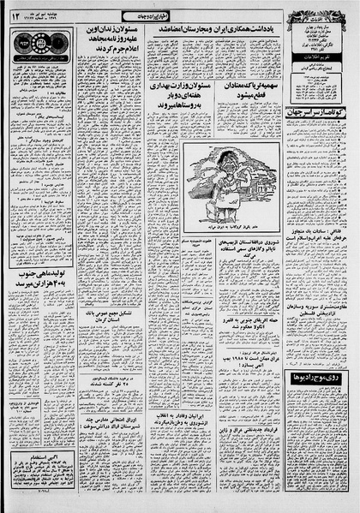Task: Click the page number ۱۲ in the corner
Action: click(15, 15)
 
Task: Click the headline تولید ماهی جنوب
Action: click(41, 301)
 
